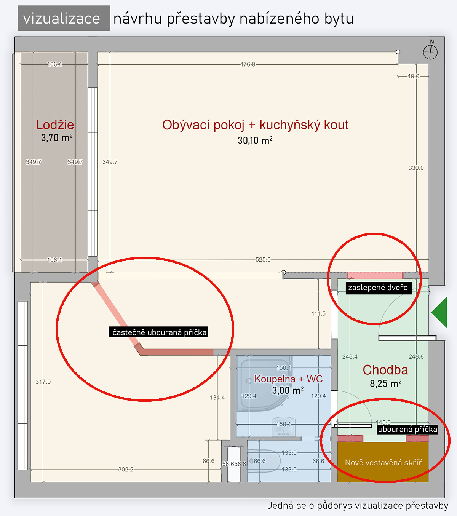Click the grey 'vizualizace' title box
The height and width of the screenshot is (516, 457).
point(64,18)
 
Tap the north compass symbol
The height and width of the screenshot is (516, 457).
point(430,51)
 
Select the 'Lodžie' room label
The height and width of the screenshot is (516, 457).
point(55,125)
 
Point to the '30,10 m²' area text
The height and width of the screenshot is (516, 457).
point(255,141)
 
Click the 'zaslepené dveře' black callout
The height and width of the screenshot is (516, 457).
point(378,288)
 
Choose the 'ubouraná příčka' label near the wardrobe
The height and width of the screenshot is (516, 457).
point(407,430)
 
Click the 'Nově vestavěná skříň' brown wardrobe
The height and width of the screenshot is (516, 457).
point(383,462)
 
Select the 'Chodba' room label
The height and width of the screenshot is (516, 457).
point(385,370)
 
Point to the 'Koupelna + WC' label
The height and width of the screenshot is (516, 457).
point(288,379)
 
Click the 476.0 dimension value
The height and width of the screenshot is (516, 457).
point(248,65)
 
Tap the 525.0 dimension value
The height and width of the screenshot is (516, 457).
point(263,260)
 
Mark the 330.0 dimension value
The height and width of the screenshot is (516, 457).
point(416,168)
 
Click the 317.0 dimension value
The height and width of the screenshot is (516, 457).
point(43,382)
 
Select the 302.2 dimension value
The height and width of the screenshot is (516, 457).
point(126,470)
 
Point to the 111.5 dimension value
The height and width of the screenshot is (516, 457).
point(318,314)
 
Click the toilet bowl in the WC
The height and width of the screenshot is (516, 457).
point(264,461)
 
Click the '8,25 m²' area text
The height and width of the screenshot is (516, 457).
point(385,384)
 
